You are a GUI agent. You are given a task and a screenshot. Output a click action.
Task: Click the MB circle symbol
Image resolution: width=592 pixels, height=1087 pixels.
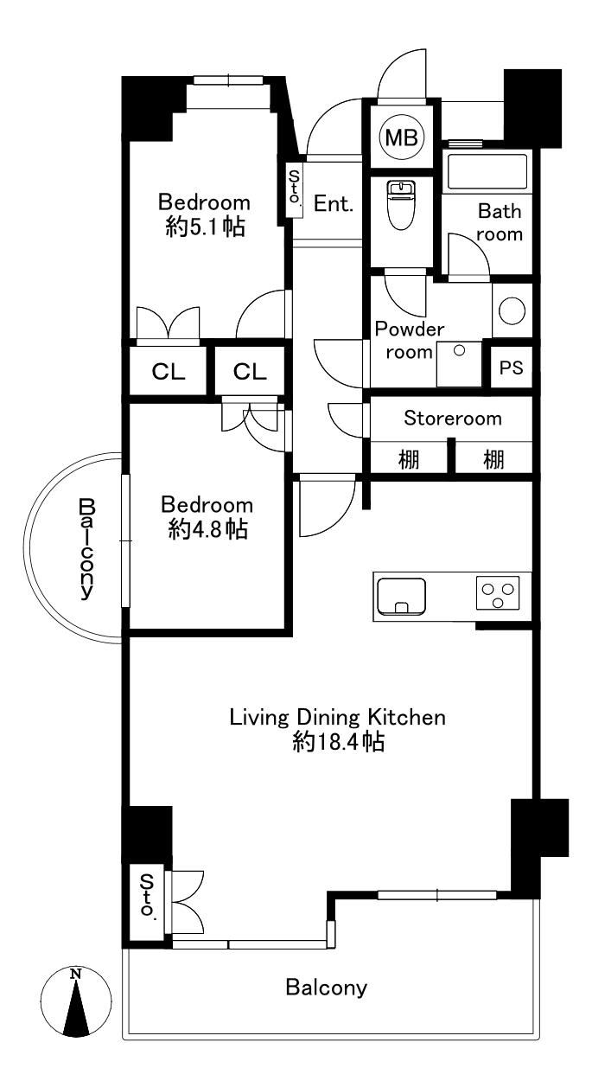point(402,137)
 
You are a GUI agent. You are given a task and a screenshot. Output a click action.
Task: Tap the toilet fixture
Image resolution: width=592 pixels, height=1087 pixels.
point(401,205)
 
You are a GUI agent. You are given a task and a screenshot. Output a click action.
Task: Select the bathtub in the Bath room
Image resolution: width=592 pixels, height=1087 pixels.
point(487,172)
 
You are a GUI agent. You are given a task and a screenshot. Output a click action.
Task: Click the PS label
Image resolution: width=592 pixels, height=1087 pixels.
point(511,368)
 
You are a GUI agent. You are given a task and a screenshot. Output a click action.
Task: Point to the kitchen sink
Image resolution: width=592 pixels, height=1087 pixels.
point(401,597)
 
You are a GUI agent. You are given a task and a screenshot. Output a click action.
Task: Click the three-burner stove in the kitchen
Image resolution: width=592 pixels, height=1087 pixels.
point(498,592)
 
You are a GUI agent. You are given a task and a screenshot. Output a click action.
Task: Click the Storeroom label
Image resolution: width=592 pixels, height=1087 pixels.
point(452,418)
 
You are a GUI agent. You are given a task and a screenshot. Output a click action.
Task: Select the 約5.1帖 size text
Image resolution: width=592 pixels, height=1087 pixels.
point(205,227)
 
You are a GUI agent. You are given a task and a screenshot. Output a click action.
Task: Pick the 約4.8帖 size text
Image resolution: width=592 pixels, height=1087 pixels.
point(208,529)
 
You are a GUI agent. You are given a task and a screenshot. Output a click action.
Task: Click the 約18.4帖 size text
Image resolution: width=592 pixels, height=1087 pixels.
point(339,741)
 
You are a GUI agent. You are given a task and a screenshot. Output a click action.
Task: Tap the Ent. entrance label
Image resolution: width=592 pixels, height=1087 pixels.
point(333,203)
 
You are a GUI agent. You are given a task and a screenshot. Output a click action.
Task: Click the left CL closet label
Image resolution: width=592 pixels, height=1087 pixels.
point(169,372)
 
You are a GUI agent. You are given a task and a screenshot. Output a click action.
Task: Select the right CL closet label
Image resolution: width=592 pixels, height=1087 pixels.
point(250,372)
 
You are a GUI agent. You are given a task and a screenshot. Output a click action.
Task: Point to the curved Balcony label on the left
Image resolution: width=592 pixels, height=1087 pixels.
point(87,549)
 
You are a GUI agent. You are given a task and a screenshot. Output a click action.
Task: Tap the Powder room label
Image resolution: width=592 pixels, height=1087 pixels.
point(409,340)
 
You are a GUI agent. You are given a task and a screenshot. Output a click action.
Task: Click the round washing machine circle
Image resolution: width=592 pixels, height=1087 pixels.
point(512,310)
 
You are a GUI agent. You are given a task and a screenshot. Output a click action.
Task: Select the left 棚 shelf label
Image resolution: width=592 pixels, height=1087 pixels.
point(409,459)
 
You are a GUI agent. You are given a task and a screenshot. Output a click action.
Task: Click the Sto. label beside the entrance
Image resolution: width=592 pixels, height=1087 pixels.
point(294,188)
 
